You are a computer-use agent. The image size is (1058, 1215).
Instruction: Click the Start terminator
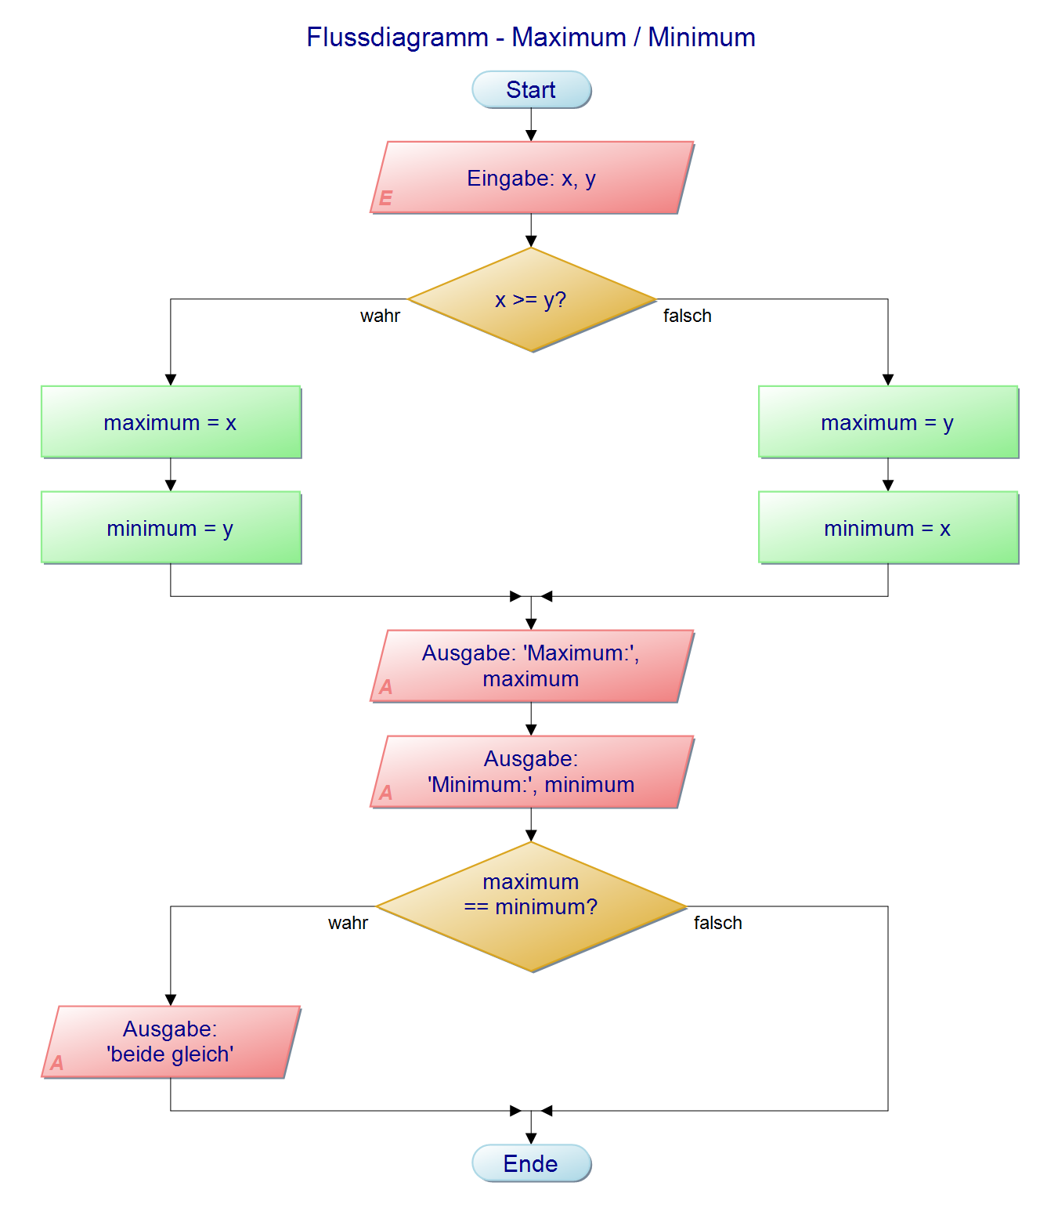click(531, 90)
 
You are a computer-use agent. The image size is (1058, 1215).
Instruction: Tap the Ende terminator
click(531, 1163)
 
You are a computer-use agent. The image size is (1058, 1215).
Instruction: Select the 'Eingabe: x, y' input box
click(531, 178)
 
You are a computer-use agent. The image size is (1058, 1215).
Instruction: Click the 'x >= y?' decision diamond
click(531, 300)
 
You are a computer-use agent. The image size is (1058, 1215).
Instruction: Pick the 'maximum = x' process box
click(171, 422)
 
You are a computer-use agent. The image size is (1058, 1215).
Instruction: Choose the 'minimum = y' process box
click(171, 528)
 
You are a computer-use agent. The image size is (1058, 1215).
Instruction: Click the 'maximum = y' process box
click(887, 422)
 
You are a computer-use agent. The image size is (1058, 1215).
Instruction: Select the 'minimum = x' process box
click(887, 528)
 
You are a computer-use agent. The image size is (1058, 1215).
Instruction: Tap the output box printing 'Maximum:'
click(531, 666)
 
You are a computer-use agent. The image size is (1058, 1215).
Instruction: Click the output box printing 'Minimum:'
click(531, 772)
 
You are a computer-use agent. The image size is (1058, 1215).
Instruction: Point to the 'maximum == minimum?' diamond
click(531, 906)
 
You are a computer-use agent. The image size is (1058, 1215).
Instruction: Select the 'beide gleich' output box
click(171, 1042)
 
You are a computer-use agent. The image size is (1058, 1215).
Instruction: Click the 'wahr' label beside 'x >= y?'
click(380, 316)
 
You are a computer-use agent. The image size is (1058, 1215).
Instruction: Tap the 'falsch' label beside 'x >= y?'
click(687, 316)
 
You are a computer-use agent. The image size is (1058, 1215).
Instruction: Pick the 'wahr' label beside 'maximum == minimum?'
click(348, 923)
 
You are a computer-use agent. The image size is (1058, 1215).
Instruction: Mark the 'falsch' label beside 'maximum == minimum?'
click(717, 923)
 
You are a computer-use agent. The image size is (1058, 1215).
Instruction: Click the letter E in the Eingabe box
click(385, 198)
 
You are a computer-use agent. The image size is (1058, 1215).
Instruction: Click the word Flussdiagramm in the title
click(397, 38)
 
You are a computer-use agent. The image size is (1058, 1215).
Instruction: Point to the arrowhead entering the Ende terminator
click(531, 1138)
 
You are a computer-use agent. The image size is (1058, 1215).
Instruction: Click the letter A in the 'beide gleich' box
click(57, 1063)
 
